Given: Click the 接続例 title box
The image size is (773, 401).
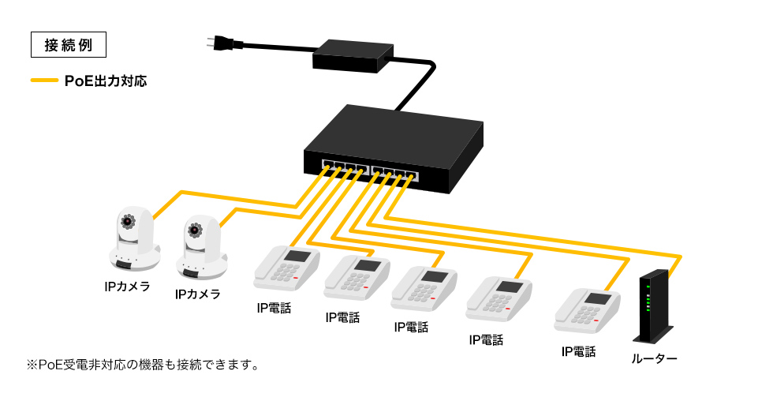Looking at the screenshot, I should point(67,45).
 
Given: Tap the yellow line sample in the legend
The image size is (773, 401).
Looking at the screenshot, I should point(44,81).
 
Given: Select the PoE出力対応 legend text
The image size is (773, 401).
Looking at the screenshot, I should point(105,81).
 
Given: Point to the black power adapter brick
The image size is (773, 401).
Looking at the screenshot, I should point(353,55).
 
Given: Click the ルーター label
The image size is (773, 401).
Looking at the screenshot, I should point(654,359).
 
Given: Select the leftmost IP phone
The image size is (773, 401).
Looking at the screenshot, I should point(286,268).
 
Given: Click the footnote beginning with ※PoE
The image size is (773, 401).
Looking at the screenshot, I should point(143,365).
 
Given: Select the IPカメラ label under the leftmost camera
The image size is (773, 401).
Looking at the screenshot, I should point(127,286).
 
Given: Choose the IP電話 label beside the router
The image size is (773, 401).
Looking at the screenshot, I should point(578,351).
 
